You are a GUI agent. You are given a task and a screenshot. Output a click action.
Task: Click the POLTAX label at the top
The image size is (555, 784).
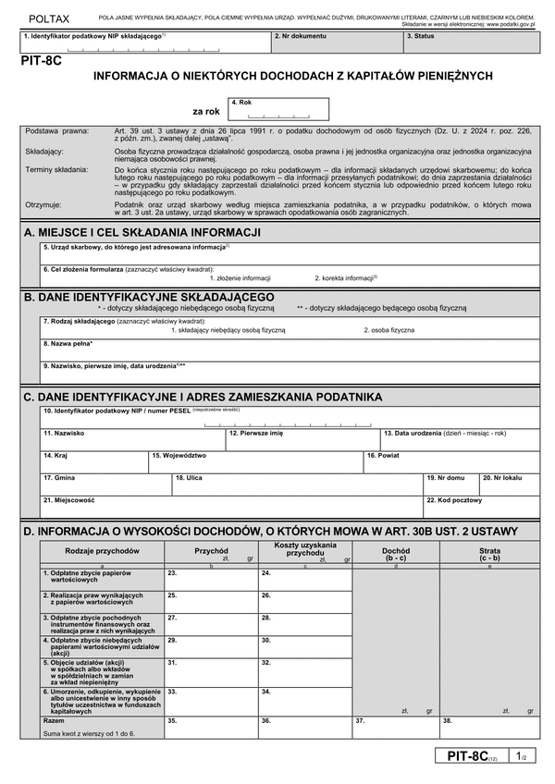tap(48, 18)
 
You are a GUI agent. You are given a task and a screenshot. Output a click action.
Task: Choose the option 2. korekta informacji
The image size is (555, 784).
tap(346, 277)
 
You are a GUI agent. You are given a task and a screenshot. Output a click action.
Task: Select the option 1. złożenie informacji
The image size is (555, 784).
tap(240, 277)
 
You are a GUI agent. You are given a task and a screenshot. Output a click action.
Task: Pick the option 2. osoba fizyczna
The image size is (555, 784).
tap(388, 329)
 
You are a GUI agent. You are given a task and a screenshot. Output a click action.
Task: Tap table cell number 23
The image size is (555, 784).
tap(210, 579)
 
